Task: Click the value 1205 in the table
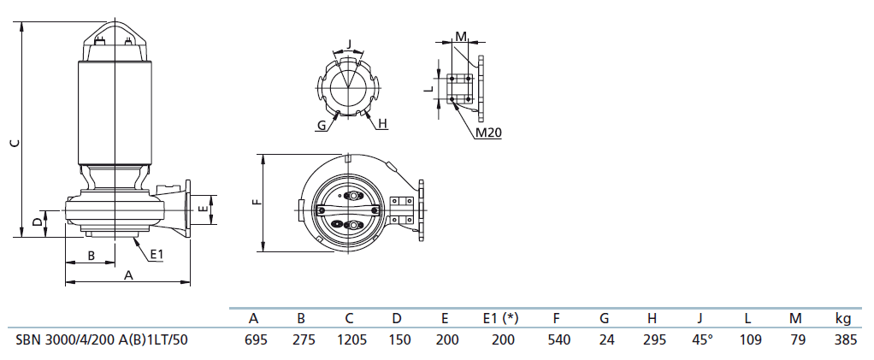(349, 339)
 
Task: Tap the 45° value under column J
(702, 339)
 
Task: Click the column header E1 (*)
(500, 319)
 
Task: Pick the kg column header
(843, 319)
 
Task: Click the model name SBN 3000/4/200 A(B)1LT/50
(102, 339)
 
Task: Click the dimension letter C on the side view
(15, 143)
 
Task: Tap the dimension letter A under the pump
(128, 274)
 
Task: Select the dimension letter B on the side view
(92, 256)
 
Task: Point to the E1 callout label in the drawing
(157, 255)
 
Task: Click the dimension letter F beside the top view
(257, 202)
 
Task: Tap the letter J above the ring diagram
(349, 44)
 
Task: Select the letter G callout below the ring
(322, 126)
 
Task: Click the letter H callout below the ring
(382, 124)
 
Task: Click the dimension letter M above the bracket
(461, 36)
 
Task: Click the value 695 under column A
(256, 339)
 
